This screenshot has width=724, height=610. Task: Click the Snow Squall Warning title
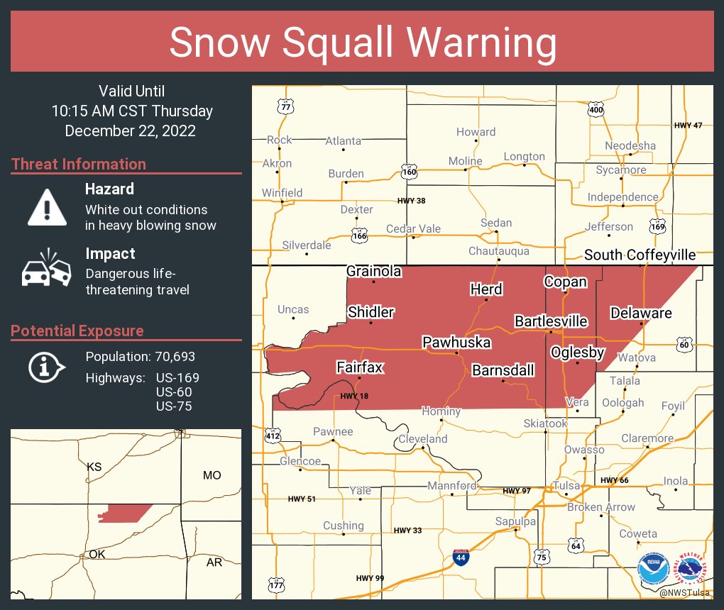pyautogui.click(x=362, y=43)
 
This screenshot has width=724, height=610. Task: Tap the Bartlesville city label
pyautogui.click(x=551, y=321)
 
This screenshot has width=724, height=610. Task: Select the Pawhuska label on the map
pyautogui.click(x=456, y=343)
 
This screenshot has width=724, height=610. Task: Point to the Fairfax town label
pyautogui.click(x=359, y=367)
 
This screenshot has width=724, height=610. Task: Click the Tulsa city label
pyautogui.click(x=566, y=486)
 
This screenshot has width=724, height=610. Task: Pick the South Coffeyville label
pyautogui.click(x=640, y=255)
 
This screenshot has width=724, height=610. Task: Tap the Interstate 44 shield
pyautogui.click(x=461, y=558)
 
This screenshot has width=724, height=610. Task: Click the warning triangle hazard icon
pyautogui.click(x=47, y=207)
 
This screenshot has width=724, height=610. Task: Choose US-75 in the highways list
pyautogui.click(x=174, y=406)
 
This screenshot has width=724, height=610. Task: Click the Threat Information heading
pyautogui.click(x=79, y=164)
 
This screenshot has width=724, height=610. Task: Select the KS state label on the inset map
pyautogui.click(x=94, y=467)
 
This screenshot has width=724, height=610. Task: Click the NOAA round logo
pyautogui.click(x=653, y=570)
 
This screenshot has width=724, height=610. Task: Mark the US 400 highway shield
pyautogui.click(x=596, y=110)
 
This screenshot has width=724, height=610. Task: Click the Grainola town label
pyautogui.click(x=373, y=271)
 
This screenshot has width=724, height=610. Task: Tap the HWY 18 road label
pyautogui.click(x=354, y=396)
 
